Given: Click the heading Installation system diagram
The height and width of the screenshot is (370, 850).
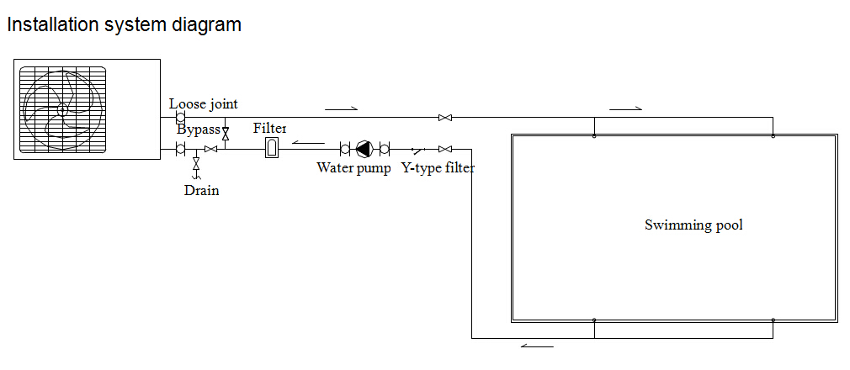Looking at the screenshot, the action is click(x=125, y=25).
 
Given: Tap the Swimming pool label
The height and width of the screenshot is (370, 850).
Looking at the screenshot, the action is click(x=693, y=225).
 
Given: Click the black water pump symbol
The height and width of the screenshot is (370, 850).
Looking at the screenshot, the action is click(x=364, y=149).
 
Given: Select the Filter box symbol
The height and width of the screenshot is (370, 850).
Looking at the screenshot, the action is click(x=272, y=148).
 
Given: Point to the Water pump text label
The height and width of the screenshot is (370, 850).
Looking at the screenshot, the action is click(x=353, y=168).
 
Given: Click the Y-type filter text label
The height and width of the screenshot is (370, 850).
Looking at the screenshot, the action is click(x=438, y=168).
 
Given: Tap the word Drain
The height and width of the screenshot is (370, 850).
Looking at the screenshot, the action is click(x=202, y=191).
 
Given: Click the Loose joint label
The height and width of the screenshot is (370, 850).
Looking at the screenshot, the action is click(x=204, y=103).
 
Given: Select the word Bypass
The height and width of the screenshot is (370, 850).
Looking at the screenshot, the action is click(x=199, y=130).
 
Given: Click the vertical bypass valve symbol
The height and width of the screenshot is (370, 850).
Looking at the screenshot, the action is click(x=226, y=132).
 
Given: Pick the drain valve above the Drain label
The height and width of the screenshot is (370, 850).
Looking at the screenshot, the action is click(x=196, y=162).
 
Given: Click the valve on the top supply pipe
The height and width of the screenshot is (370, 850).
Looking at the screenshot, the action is click(x=445, y=118).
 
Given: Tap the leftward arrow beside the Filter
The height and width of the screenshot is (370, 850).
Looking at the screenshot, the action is click(x=308, y=143).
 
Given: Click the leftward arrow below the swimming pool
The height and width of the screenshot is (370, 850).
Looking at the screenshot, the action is click(x=537, y=346).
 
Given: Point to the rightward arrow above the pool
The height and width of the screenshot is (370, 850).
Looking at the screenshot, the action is click(x=625, y=108).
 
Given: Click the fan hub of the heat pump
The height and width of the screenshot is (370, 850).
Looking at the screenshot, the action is click(x=62, y=109).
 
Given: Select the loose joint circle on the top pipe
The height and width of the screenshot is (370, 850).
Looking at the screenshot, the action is click(x=180, y=117).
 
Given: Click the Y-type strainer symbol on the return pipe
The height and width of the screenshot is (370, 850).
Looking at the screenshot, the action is click(x=417, y=149).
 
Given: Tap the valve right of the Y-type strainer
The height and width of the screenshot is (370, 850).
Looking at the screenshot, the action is click(x=445, y=149).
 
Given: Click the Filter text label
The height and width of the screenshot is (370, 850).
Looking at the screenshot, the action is click(x=270, y=129).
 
